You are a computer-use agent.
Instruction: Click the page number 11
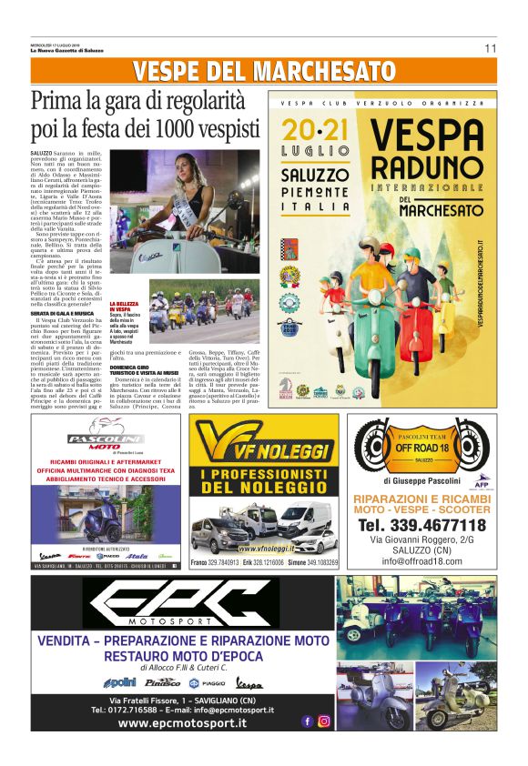coord(491,48)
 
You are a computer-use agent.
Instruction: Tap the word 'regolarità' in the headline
coord(196,100)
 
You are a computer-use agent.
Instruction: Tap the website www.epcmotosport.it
coord(182,723)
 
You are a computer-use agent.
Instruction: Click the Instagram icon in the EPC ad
coord(323,721)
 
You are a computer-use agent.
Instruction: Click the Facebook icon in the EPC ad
coord(307,721)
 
